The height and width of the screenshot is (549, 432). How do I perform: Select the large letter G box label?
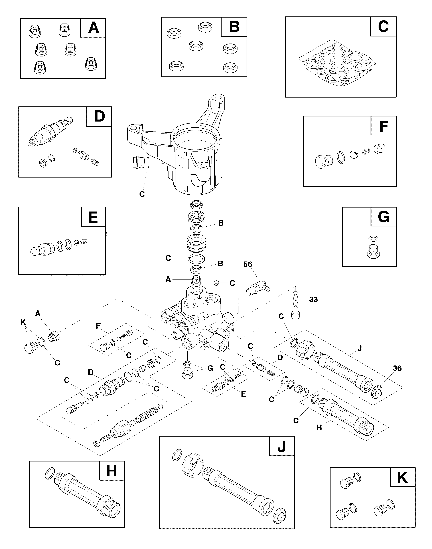pyautogui.click(x=383, y=217)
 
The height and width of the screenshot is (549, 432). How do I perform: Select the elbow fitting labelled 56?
pyautogui.click(x=258, y=288)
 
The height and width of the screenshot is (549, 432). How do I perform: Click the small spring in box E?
pyautogui.click(x=84, y=242)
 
